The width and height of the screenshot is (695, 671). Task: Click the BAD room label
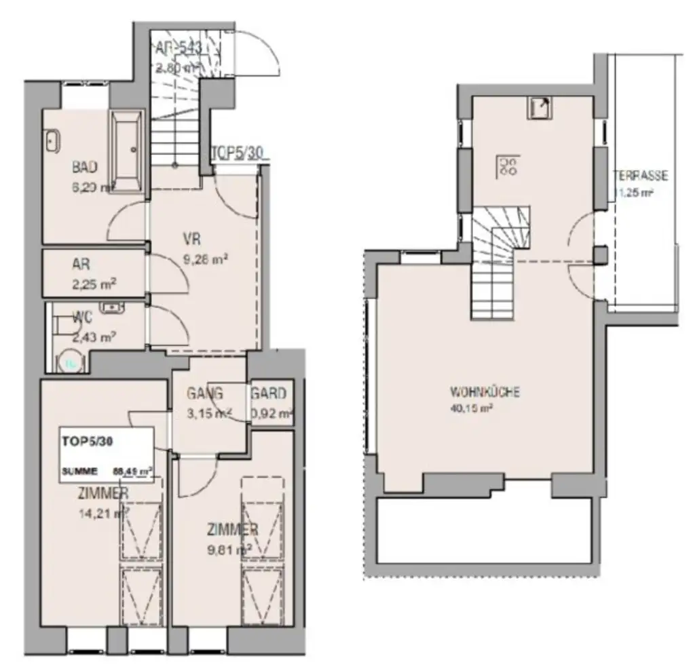[86, 167]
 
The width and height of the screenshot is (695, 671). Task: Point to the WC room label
[83, 317]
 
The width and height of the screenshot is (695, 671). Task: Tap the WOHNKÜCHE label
[485, 393]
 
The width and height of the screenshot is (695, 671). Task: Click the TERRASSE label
[641, 176]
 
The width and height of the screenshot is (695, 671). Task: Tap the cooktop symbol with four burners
[507, 166]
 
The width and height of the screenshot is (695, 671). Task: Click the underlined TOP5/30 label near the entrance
[238, 153]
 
